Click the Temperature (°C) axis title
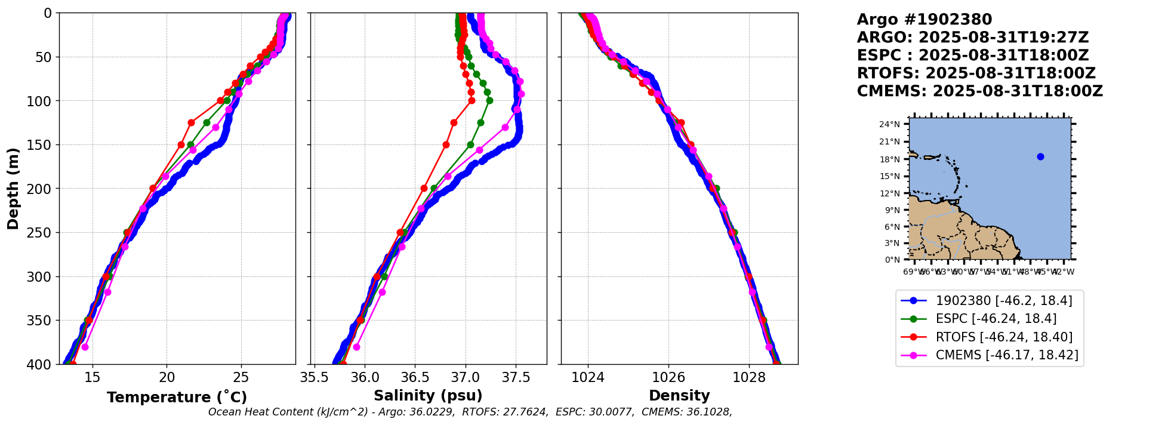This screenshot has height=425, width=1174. point(177,397)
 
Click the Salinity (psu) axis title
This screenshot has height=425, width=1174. point(428,396)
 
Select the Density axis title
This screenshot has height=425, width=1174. point(679,396)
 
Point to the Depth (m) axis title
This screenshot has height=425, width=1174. point(13,188)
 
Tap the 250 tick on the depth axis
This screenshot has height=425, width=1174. point(41,233)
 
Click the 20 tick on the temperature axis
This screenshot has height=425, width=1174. point(167,377)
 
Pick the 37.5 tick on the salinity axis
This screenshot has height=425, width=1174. point(516,377)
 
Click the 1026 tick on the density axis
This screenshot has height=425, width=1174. point(668,377)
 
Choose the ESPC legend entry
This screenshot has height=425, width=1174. point(996,319)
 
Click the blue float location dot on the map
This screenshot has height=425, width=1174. point(1040,157)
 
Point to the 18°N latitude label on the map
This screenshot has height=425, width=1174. point(889,159)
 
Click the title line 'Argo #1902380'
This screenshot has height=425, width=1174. point(924,20)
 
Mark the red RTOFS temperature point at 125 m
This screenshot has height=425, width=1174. point(191,122)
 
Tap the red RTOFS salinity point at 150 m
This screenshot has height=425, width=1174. point(446,144)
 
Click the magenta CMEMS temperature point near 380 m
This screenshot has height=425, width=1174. point(85,347)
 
